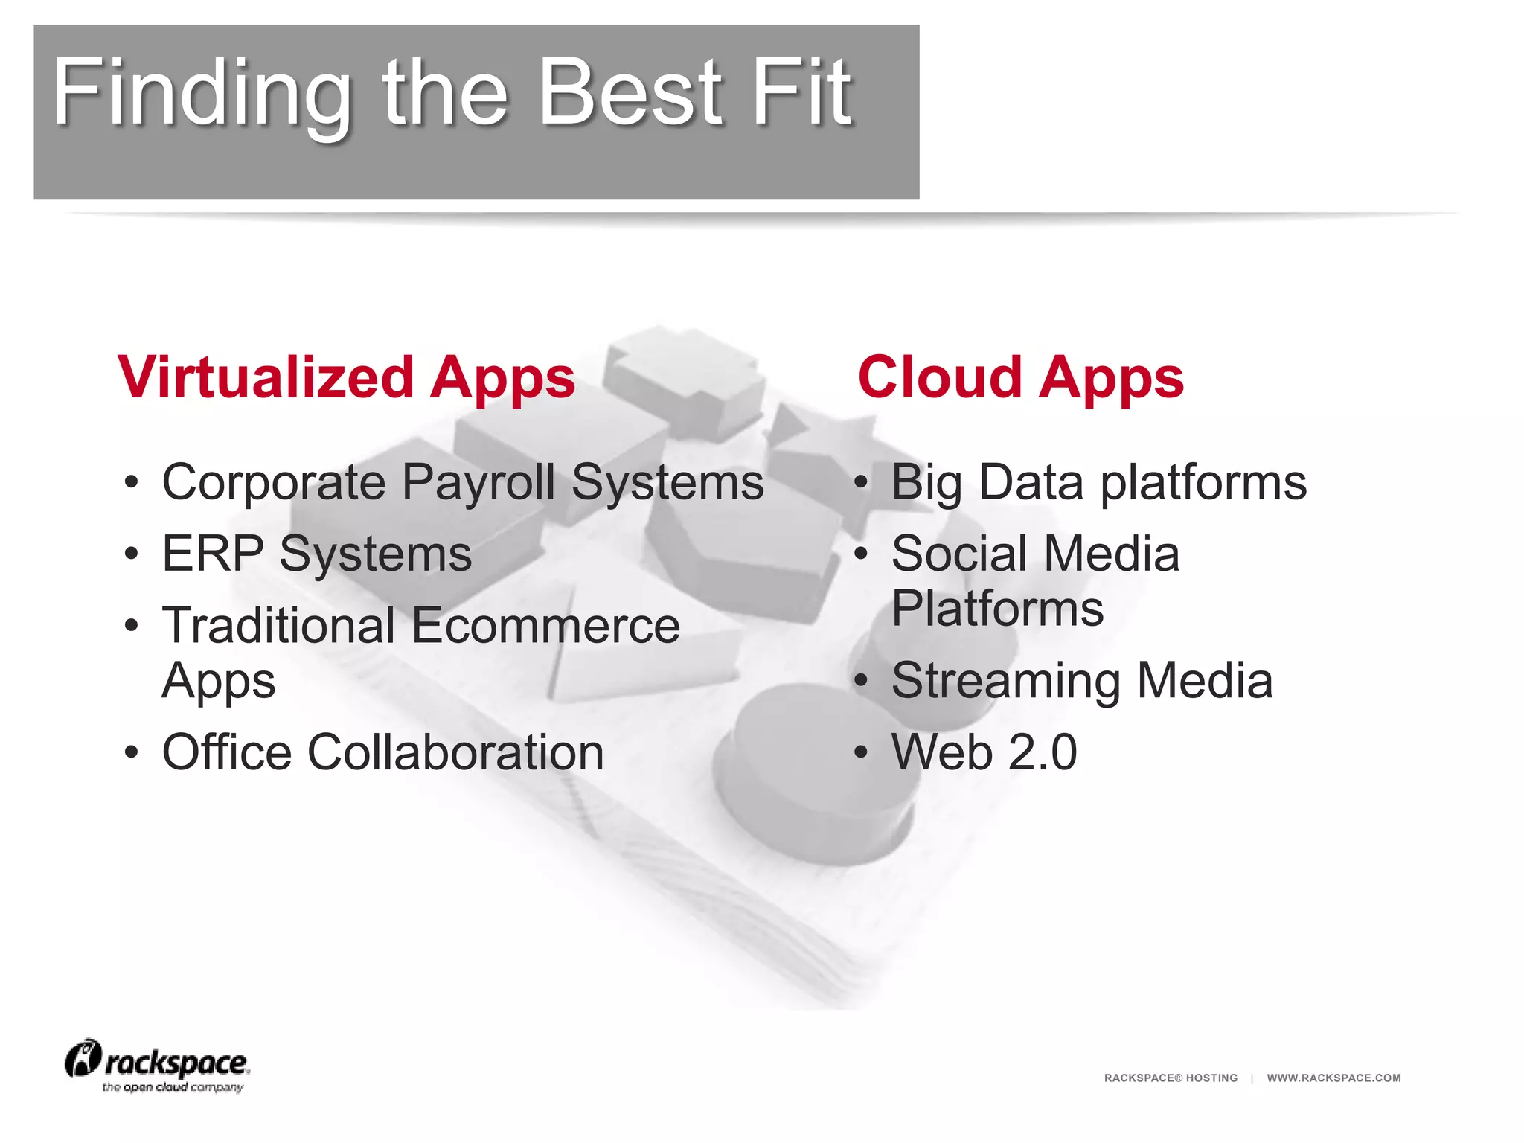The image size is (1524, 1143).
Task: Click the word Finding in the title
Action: click(201, 93)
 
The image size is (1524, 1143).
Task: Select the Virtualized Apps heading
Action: click(346, 377)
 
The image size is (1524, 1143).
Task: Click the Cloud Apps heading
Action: click(1020, 377)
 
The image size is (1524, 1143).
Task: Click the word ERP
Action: click(213, 554)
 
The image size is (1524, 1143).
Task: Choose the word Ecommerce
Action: click(545, 625)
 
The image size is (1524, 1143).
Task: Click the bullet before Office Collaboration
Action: click(132, 752)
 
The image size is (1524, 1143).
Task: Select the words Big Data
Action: click(987, 482)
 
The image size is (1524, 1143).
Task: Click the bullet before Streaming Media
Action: click(861, 681)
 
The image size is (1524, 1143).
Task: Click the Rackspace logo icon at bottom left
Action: click(83, 1059)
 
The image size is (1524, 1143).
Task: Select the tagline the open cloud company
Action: click(173, 1087)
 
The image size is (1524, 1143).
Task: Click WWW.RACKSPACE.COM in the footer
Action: click(1333, 1078)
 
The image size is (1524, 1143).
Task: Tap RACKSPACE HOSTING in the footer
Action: click(1171, 1078)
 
